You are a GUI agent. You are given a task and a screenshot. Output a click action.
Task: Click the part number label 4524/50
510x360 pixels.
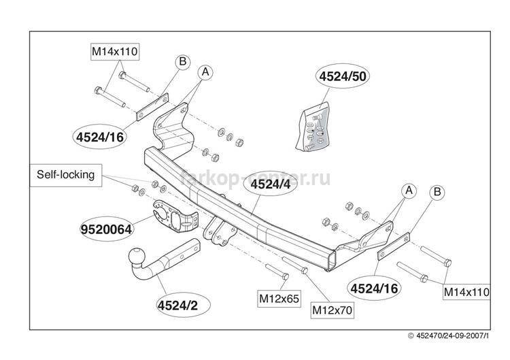click(343, 76)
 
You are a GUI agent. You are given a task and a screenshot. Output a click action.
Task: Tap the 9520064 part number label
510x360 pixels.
click(106, 229)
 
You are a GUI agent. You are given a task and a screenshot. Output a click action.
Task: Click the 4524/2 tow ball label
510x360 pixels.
click(177, 305)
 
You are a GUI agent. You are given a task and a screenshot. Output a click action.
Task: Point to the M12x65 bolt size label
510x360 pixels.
click(279, 299)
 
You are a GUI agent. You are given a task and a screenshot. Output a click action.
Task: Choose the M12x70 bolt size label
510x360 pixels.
click(332, 310)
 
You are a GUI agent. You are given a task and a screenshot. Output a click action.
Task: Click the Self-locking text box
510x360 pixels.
click(66, 175)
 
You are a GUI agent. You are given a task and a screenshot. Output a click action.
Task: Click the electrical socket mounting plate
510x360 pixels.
click(174, 216)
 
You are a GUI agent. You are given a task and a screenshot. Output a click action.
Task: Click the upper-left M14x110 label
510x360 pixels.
click(114, 52)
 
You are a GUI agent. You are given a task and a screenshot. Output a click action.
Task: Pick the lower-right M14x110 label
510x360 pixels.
click(466, 292)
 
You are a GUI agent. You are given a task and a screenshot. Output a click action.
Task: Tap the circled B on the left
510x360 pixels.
click(183, 61)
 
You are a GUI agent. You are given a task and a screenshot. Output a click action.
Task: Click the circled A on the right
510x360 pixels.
click(409, 191)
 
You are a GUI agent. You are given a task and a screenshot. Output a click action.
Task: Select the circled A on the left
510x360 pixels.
click(205, 72)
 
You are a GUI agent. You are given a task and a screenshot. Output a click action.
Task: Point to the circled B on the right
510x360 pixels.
click(437, 193)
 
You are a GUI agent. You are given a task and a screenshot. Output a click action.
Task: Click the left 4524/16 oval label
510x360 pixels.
click(100, 137)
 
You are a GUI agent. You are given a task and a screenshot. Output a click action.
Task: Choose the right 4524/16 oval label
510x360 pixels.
click(374, 289)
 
